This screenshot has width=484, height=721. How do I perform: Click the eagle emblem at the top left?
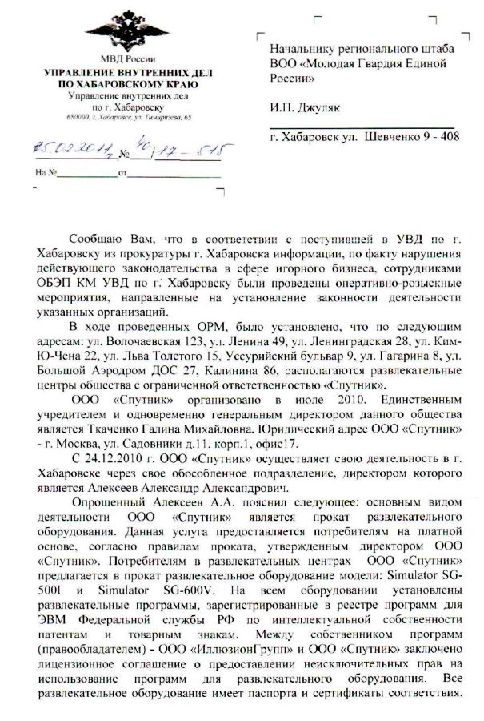point(122,30)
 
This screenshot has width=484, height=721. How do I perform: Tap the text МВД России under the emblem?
point(122,61)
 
